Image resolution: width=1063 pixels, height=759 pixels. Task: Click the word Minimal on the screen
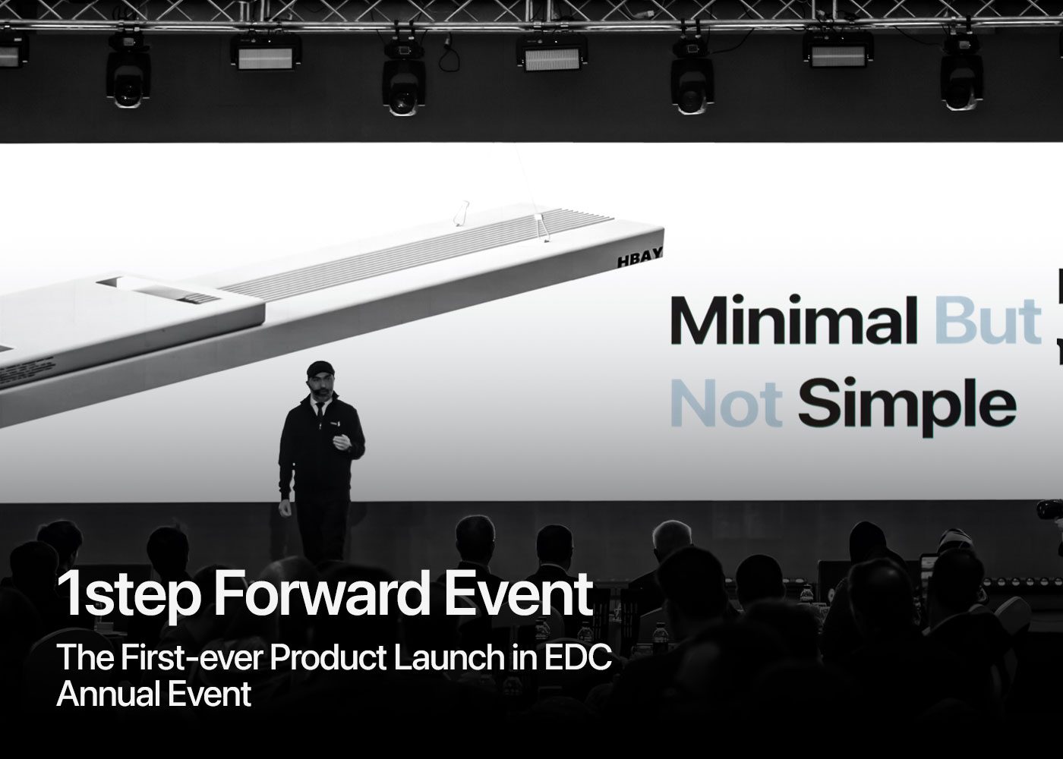790,322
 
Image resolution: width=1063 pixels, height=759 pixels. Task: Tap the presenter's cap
320,369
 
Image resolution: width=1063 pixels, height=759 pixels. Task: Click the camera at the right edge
1052,510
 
